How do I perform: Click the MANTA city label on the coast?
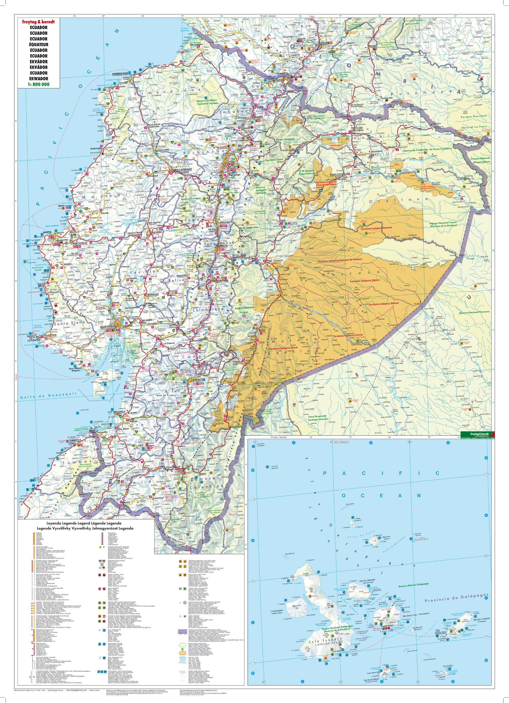tap(47, 232)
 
